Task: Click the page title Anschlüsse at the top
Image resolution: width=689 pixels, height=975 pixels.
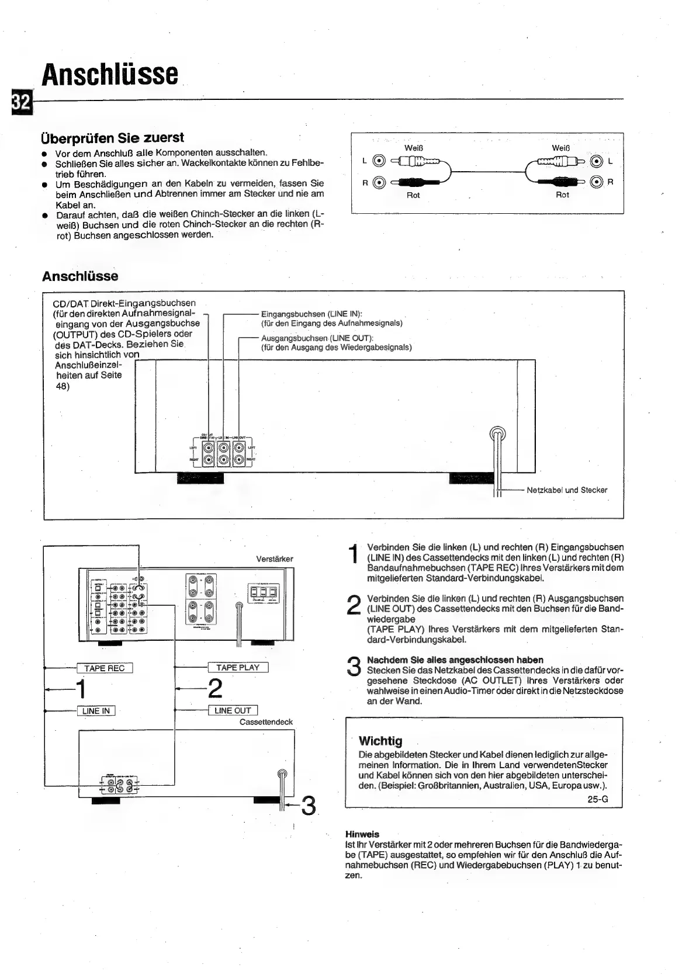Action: (110, 74)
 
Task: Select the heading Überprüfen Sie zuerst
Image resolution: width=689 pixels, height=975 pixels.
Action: (112, 138)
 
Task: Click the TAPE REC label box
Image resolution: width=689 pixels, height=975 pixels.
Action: (105, 668)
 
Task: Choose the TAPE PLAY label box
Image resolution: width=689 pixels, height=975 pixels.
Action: (238, 668)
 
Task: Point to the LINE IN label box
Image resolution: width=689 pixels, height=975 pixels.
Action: (96, 711)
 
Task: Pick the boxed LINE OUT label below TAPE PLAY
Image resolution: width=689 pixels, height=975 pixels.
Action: (233, 711)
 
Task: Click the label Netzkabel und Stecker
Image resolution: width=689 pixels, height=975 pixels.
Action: (567, 490)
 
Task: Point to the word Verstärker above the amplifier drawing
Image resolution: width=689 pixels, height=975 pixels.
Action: (275, 559)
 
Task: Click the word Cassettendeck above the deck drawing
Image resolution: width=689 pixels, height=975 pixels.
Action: (266, 722)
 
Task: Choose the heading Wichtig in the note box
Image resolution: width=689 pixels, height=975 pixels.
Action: (380, 741)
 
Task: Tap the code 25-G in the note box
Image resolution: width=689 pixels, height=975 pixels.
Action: (598, 799)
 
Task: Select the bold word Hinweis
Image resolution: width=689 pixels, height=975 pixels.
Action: (362, 834)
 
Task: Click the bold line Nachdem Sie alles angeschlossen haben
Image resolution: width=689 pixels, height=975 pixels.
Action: (455, 660)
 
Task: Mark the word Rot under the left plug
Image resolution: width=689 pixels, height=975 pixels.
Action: (413, 195)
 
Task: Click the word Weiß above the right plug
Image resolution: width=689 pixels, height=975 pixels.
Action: (561, 148)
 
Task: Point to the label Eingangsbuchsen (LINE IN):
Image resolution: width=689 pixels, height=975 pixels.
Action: (311, 314)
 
